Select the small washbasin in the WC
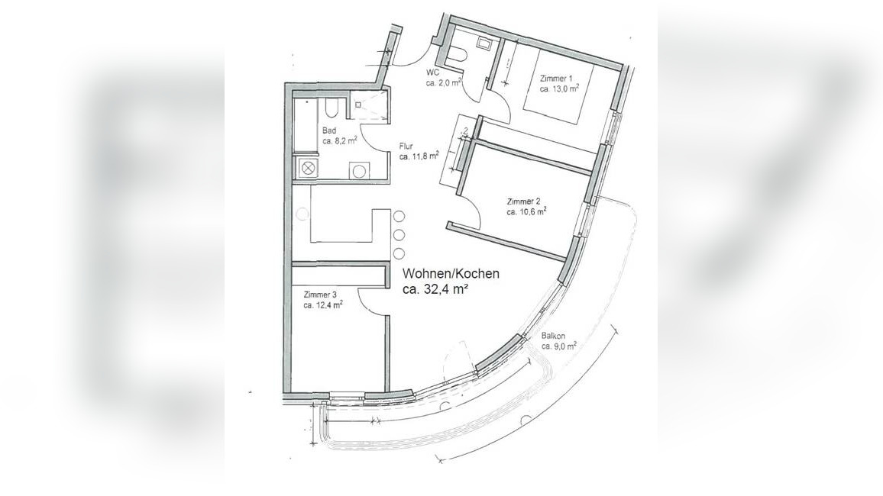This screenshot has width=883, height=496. pyautogui.click(x=484, y=43)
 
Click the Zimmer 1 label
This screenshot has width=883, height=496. pyautogui.click(x=555, y=79)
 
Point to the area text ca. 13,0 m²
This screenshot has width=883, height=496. pyautogui.click(x=558, y=89)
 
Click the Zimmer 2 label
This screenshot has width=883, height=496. pyautogui.click(x=523, y=201)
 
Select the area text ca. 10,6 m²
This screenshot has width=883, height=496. pyautogui.click(x=526, y=212)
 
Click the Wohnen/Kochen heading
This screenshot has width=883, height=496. pyautogui.click(x=451, y=274)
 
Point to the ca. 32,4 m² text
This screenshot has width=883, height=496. pyautogui.click(x=435, y=289)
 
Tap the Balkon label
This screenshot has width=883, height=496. pyautogui.click(x=554, y=336)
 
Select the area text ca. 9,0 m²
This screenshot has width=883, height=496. pyautogui.click(x=558, y=346)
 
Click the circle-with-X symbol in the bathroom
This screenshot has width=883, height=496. pyautogui.click(x=307, y=169)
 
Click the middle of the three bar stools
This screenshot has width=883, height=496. pyautogui.click(x=399, y=235)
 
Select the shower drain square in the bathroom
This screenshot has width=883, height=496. pyautogui.click(x=357, y=105)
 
